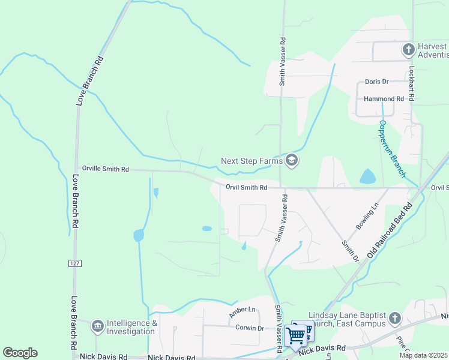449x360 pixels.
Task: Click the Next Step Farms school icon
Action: [x=292, y=160]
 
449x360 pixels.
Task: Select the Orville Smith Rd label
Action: [x=106, y=170]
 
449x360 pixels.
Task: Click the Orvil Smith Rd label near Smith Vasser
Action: [x=246, y=188]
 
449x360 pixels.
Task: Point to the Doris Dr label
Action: [x=377, y=82]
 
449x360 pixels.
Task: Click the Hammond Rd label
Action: [x=384, y=98]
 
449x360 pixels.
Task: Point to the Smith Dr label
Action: [x=350, y=251]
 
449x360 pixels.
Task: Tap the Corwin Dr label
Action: [x=250, y=328]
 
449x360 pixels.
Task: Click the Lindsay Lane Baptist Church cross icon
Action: [x=394, y=318]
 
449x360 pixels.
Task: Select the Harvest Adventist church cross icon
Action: [x=408, y=49]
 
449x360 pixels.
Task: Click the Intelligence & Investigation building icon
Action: [x=97, y=326]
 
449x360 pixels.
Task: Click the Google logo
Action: [x=20, y=353]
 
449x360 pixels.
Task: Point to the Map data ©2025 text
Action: [x=424, y=355]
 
